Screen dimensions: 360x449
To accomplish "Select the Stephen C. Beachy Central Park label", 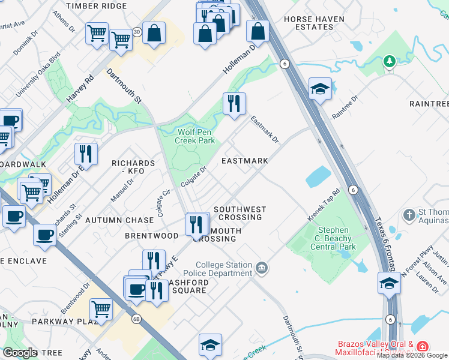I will pos(337,238).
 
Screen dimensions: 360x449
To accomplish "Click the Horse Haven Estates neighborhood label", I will pos(314,23).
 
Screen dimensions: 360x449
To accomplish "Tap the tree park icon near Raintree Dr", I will pos(390,61).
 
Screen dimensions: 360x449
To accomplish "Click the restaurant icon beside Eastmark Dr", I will pos(234,103).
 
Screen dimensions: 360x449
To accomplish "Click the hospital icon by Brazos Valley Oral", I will pos(423,347).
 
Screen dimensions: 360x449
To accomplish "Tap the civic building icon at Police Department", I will pos(262,267).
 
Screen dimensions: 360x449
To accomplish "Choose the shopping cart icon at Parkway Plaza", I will pos(101,309).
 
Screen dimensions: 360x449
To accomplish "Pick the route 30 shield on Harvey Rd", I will pos(137,32).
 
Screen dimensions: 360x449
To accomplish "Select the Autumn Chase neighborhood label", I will pos(119,220).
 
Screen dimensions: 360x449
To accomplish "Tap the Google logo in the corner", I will pos(20,353).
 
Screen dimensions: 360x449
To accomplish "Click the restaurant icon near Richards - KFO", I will pos(86,154).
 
